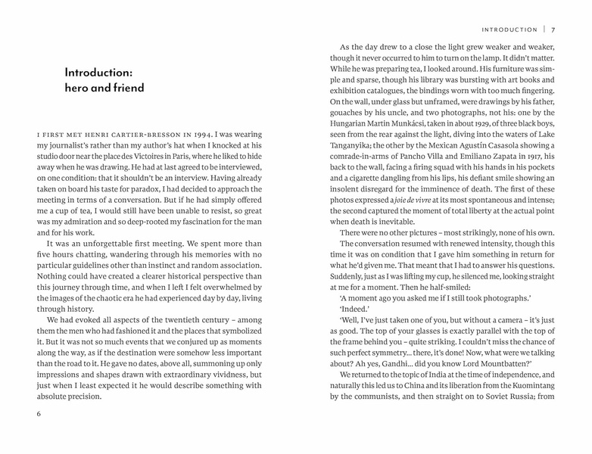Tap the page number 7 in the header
pos(554,30)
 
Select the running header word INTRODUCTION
pos(509,30)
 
